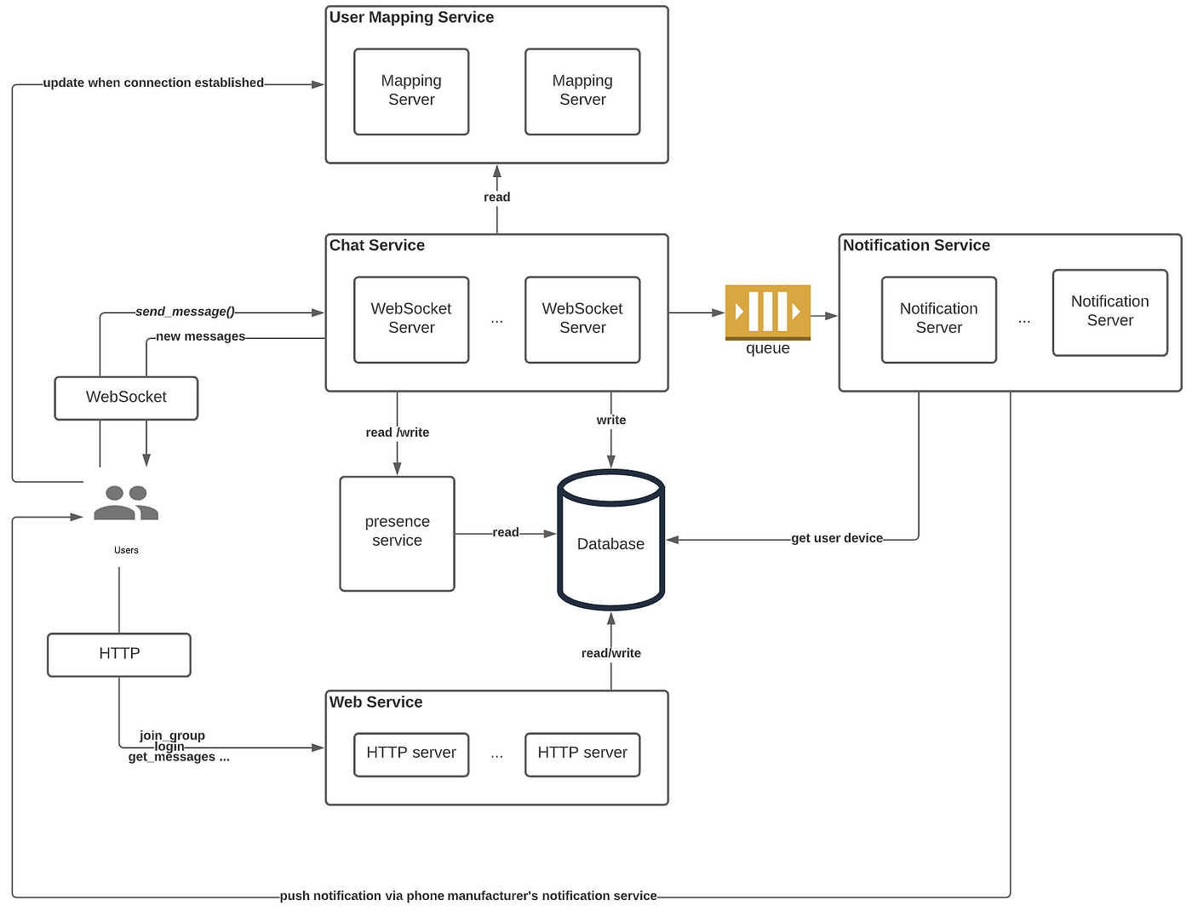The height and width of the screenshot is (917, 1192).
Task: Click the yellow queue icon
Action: [767, 312]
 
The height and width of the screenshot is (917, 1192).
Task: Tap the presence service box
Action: [397, 533]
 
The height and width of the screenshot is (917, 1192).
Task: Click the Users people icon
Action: [126, 502]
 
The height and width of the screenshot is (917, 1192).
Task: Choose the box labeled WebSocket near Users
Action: [126, 398]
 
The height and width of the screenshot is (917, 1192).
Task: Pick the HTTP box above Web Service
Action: [119, 654]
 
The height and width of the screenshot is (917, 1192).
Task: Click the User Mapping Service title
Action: [411, 18]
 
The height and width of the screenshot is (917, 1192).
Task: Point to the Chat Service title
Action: [376, 246]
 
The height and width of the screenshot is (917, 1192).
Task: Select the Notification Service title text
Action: [916, 246]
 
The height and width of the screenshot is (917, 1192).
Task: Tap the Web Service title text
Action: [375, 702]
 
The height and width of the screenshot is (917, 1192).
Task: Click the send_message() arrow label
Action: [185, 312]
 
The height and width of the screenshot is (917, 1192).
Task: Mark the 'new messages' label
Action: [200, 336]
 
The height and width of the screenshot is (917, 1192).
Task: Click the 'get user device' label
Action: [837, 538]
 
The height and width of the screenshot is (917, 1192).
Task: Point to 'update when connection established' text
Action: [153, 83]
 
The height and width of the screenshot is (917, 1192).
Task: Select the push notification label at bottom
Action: [468, 896]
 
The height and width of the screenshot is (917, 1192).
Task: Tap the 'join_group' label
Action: [172, 736]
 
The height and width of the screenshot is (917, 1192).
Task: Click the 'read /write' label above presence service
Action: [397, 433]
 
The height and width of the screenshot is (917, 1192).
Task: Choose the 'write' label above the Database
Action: [610, 421]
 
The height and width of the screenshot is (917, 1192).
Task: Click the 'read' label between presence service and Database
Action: [505, 533]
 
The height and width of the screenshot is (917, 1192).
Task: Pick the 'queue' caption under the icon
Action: [767, 349]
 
